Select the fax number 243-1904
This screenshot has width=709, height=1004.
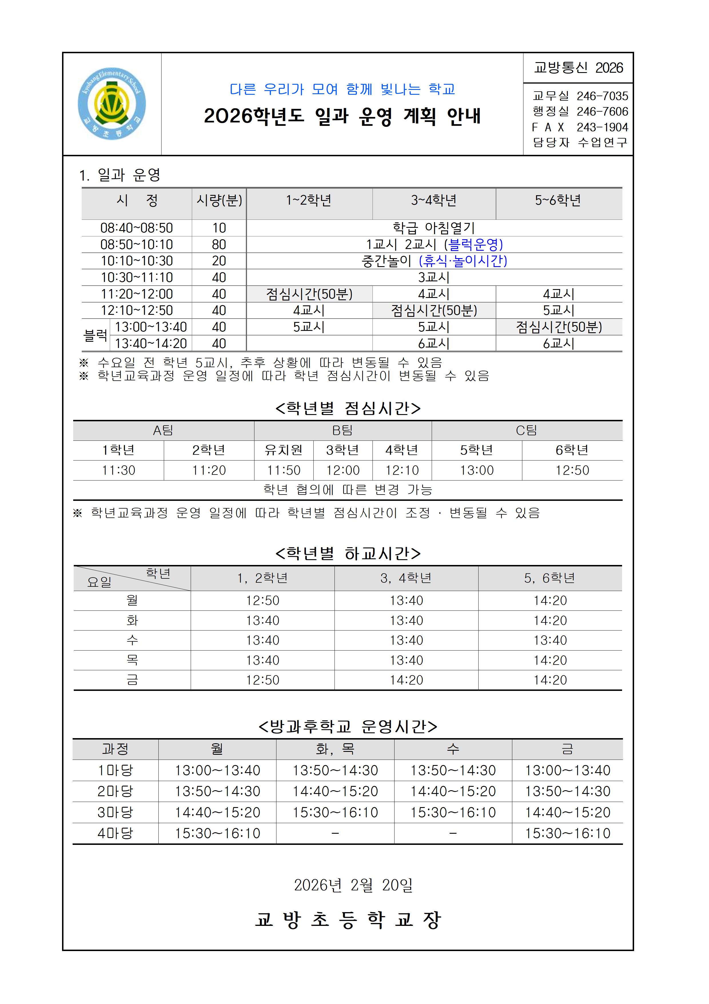click(x=602, y=127)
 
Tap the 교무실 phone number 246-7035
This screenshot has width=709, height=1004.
click(x=602, y=96)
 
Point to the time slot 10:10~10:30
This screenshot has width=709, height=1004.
click(x=137, y=261)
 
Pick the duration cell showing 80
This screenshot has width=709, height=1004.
click(x=219, y=244)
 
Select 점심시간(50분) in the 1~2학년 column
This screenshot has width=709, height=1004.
click(x=309, y=294)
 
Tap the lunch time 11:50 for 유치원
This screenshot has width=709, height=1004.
click(x=284, y=470)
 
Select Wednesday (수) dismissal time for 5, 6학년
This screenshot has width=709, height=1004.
click(x=550, y=640)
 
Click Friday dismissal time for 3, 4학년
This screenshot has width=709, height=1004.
click(x=406, y=680)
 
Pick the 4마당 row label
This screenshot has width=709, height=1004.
click(x=115, y=833)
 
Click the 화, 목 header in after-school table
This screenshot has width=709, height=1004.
click(x=335, y=749)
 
